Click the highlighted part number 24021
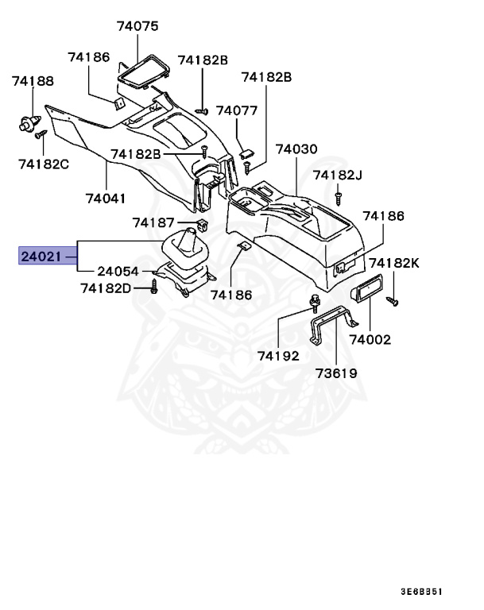(x=41, y=257)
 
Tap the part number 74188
(x=33, y=81)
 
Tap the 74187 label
(x=153, y=222)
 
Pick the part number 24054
(x=119, y=271)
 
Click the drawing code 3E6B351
(x=420, y=593)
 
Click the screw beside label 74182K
(x=391, y=300)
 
